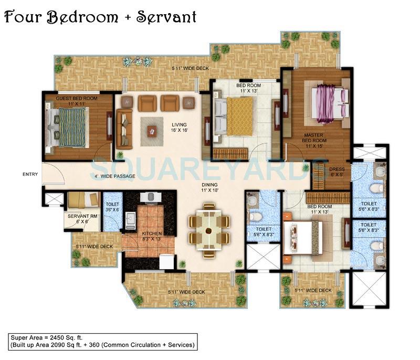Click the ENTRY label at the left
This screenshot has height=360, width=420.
(x=29, y=174)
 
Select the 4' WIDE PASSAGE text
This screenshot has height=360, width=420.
(x=114, y=176)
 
